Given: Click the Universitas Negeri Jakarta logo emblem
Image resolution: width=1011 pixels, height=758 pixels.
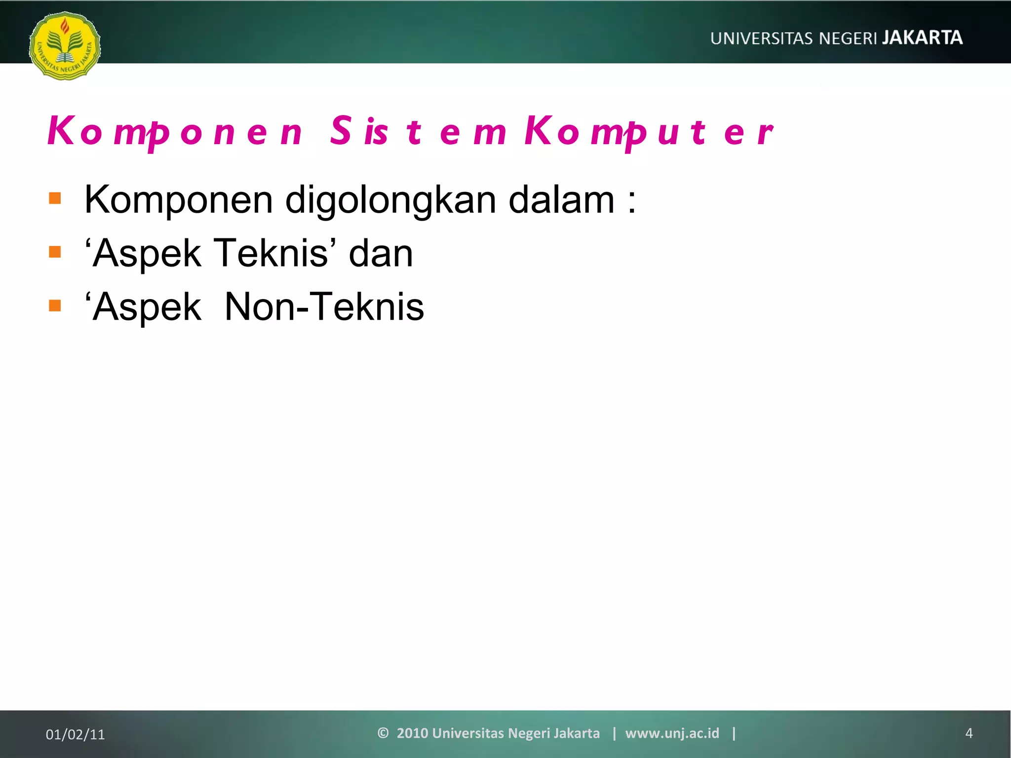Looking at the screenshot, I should [65, 46].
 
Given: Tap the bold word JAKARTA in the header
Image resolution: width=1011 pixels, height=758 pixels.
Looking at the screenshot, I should [922, 38].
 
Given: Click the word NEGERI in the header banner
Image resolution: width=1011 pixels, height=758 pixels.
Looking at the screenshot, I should [848, 38].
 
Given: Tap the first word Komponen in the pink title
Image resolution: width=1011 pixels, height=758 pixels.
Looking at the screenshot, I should [175, 132].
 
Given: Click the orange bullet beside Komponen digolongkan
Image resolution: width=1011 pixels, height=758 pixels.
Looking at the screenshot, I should [55, 198].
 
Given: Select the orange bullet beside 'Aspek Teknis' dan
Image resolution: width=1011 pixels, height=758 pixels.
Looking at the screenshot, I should [55, 252].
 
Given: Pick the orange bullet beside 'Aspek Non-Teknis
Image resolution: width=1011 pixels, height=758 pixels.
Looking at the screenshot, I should [55, 306].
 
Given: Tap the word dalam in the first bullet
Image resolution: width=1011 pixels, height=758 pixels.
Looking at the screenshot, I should [561, 200].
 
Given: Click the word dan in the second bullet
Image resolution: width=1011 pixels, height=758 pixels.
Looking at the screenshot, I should [381, 254].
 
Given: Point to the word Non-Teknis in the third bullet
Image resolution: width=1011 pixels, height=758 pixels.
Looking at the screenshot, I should [324, 306].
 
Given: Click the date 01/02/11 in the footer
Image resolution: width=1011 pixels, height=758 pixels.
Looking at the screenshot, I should [76, 734].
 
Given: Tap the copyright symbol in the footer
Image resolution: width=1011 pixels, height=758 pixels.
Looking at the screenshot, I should [383, 733].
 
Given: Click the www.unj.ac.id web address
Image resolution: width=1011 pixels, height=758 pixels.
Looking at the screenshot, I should [672, 733].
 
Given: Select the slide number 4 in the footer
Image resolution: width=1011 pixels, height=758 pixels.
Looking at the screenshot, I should [969, 733].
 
